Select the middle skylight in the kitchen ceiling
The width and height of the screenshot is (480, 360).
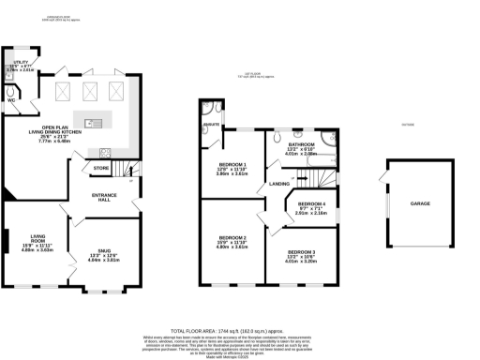[x=92, y=91]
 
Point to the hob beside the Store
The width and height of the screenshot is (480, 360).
[x=105, y=154]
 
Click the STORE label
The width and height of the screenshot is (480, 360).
[x=102, y=169]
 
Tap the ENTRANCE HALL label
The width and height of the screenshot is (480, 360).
[x=102, y=197]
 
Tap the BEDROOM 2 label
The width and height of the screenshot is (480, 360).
[x=231, y=238]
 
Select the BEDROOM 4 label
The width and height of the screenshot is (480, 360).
[x=310, y=203]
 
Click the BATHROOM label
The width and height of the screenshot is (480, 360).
[x=300, y=143]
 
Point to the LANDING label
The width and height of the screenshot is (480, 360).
[x=280, y=184]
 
